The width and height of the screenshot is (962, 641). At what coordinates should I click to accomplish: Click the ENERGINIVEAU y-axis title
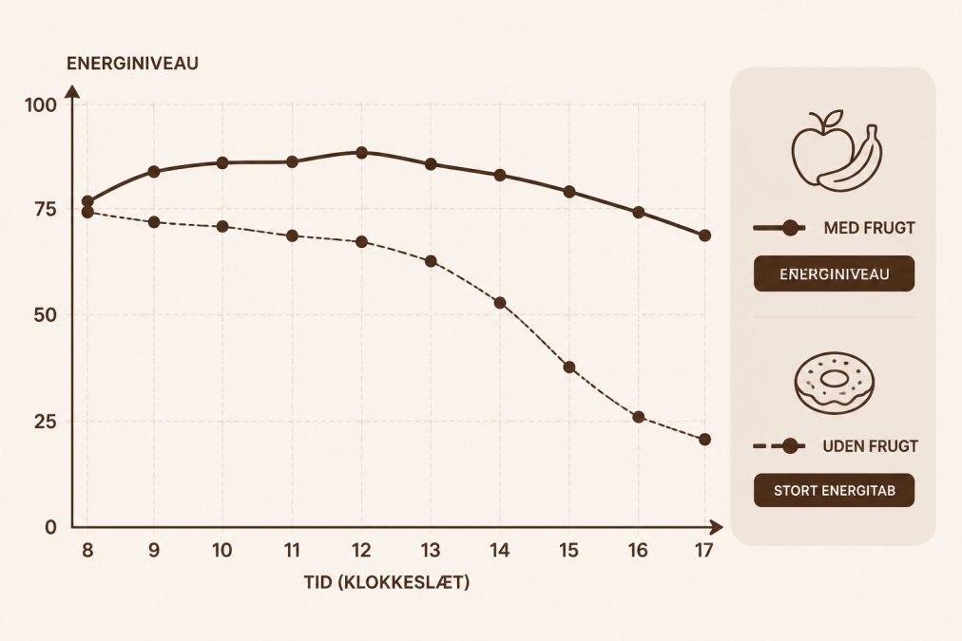click(132, 64)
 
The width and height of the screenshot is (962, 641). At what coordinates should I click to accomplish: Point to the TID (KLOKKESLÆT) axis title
click(387, 581)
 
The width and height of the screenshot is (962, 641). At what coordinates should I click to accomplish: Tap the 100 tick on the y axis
click(41, 105)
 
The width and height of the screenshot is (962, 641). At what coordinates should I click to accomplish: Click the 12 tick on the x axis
click(361, 550)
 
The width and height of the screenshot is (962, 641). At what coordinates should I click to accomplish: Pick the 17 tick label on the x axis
click(704, 550)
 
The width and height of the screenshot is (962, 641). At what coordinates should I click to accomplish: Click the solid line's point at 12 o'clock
click(361, 153)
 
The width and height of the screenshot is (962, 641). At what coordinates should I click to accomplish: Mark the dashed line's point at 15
click(569, 368)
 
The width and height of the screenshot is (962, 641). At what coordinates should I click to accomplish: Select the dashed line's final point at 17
click(704, 440)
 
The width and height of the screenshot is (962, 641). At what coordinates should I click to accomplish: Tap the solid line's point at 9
click(154, 172)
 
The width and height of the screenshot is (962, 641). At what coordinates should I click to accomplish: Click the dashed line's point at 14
click(500, 303)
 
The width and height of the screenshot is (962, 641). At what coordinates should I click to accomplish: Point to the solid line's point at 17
click(704, 236)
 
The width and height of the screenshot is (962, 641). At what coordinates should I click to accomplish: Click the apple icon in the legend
click(821, 148)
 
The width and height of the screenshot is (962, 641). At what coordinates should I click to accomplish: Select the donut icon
click(834, 383)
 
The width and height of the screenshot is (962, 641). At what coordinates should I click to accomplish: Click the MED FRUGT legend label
click(869, 228)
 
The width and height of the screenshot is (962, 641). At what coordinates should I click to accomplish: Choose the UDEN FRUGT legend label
click(870, 446)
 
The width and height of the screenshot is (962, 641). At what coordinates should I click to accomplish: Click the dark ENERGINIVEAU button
click(834, 273)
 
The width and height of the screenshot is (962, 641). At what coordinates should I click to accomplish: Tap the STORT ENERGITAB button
click(834, 490)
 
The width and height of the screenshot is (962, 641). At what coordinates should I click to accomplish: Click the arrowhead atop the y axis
click(72, 92)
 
